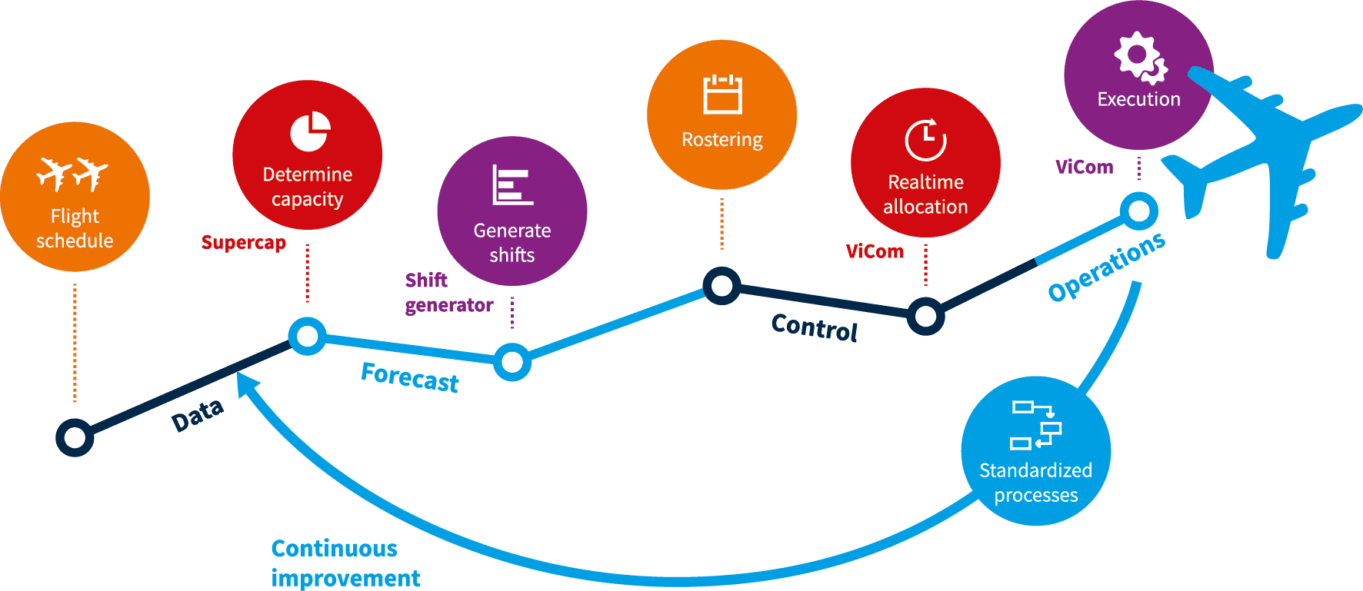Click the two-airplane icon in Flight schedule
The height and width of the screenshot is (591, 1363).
click(x=73, y=174)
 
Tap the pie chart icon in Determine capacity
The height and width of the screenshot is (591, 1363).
click(x=310, y=132)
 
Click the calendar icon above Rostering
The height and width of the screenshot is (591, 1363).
click(x=722, y=95)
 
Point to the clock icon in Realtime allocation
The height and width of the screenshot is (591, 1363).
click(x=925, y=140)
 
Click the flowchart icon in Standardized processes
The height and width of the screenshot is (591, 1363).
click(x=1035, y=425)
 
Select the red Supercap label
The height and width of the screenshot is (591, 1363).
click(x=243, y=243)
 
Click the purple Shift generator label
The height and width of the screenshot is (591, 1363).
click(x=448, y=293)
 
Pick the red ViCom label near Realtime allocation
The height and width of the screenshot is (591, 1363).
click(x=875, y=251)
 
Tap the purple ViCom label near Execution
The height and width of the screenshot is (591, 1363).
click(x=1084, y=167)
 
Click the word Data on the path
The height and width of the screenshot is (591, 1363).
click(x=198, y=416)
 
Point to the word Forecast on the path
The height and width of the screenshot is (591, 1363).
click(x=410, y=377)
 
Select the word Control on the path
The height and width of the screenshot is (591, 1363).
click(x=814, y=327)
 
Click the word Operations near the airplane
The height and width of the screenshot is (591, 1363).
click(x=1107, y=267)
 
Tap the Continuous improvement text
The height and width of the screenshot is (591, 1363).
click(x=345, y=563)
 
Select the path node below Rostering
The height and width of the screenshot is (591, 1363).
click(x=721, y=286)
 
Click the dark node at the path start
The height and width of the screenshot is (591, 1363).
click(x=75, y=438)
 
